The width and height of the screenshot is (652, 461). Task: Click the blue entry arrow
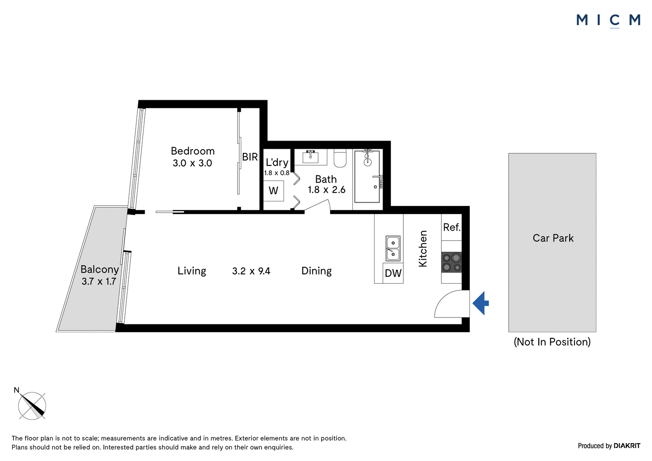tap(480, 303)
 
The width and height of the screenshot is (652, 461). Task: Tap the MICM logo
tap(608, 21)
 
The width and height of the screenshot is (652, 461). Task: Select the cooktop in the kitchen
tap(452, 262)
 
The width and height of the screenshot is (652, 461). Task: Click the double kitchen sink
tap(393, 248)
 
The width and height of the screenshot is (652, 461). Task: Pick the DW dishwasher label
tap(393, 273)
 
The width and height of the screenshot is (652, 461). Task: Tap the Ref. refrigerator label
tap(452, 227)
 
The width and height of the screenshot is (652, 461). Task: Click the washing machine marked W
tap(273, 191)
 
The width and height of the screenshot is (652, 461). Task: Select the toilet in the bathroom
tap(340, 158)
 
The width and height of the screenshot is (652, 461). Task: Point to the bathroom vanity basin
tap(311, 157)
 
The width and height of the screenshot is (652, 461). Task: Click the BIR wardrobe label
tap(250, 157)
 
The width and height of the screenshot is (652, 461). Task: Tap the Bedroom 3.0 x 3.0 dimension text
tap(192, 163)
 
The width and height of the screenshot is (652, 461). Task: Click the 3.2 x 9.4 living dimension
tap(251, 271)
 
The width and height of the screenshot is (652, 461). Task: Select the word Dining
tap(316, 271)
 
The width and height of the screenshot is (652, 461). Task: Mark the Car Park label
tap(553, 238)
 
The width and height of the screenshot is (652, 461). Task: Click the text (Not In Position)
tap(552, 342)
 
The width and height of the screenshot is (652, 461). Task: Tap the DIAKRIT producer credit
tap(627, 446)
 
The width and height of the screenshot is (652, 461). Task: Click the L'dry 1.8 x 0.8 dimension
tap(277, 173)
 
